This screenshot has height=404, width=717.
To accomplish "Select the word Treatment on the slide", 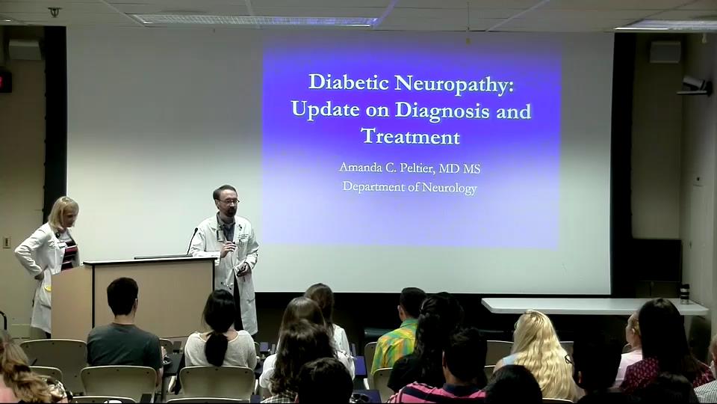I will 410,136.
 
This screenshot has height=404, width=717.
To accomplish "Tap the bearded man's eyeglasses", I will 228,201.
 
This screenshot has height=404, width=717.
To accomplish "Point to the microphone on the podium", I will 192,239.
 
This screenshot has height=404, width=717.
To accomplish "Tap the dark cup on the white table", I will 683,293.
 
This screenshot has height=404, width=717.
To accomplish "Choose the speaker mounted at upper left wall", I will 25,49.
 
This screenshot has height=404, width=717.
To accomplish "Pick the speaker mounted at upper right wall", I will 665,51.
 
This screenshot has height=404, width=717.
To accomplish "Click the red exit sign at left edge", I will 4,80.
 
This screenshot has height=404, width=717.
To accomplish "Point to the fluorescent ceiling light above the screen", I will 254,20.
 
